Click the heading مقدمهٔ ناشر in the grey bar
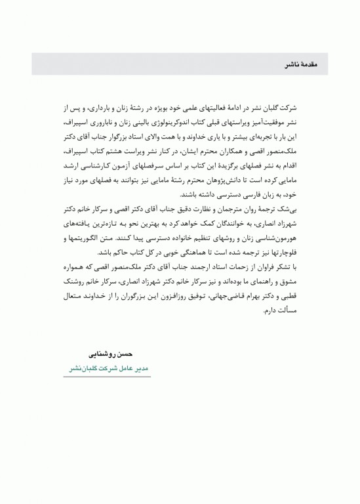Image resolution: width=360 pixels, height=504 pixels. [302, 65]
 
